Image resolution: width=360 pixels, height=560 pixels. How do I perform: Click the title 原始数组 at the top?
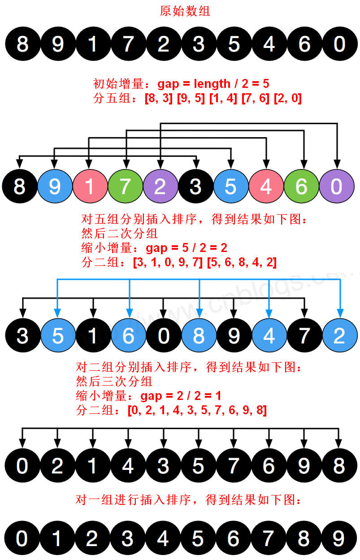[185, 11]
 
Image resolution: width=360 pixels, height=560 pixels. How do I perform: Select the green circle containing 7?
[125, 187]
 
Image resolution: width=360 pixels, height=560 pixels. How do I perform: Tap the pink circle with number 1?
[90, 187]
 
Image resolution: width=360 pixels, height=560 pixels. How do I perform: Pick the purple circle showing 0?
[336, 187]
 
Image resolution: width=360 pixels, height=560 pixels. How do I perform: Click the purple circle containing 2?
[160, 187]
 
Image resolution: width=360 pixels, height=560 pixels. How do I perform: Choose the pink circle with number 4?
[266, 187]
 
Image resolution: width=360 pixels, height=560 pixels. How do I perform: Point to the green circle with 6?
[301, 187]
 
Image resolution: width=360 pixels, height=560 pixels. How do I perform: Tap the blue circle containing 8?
[199, 335]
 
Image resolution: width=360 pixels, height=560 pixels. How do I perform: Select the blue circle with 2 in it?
[339, 335]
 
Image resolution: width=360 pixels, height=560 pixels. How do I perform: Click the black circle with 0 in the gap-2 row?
[164, 335]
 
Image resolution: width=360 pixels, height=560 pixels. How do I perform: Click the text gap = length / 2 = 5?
[213, 83]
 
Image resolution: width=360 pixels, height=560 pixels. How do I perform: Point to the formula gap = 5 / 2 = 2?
[187, 248]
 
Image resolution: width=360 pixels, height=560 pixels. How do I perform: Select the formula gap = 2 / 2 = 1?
[181, 396]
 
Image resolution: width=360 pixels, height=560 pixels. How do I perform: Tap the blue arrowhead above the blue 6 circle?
[129, 311]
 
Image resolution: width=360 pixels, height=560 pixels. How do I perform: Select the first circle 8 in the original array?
[22, 44]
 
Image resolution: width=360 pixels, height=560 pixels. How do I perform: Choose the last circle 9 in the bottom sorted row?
[338, 538]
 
